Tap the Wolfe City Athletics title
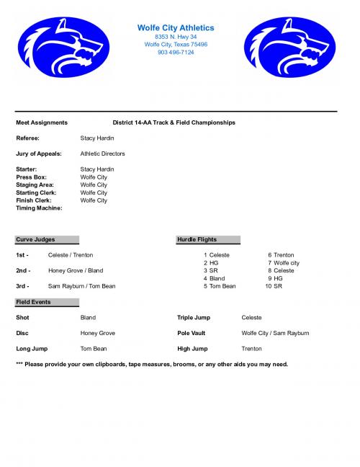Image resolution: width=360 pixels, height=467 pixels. coord(176,27)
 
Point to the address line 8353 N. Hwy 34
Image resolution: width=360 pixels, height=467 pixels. coord(176,36)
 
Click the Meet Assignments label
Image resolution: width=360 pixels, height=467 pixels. coord(42,123)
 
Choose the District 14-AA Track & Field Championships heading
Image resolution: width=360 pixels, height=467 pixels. coord(174,123)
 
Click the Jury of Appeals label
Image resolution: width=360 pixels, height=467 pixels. coord(39,154)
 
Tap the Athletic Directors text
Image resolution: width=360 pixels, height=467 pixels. coord(103,154)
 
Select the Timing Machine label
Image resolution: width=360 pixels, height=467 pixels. coord(39,208)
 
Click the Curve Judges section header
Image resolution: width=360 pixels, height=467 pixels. coord(35,239)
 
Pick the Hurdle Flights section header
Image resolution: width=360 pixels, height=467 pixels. coord(197,239)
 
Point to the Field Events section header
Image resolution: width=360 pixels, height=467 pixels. coord(33,302)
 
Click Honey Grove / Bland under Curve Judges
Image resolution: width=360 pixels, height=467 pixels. coord(76,270)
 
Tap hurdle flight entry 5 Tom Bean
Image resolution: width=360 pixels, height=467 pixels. coord(220,286)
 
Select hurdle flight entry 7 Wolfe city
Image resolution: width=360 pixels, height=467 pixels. coord(284,262)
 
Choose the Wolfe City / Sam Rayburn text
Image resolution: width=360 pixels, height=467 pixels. coord(275,333)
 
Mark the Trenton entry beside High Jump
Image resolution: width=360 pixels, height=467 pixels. coord(252,349)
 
